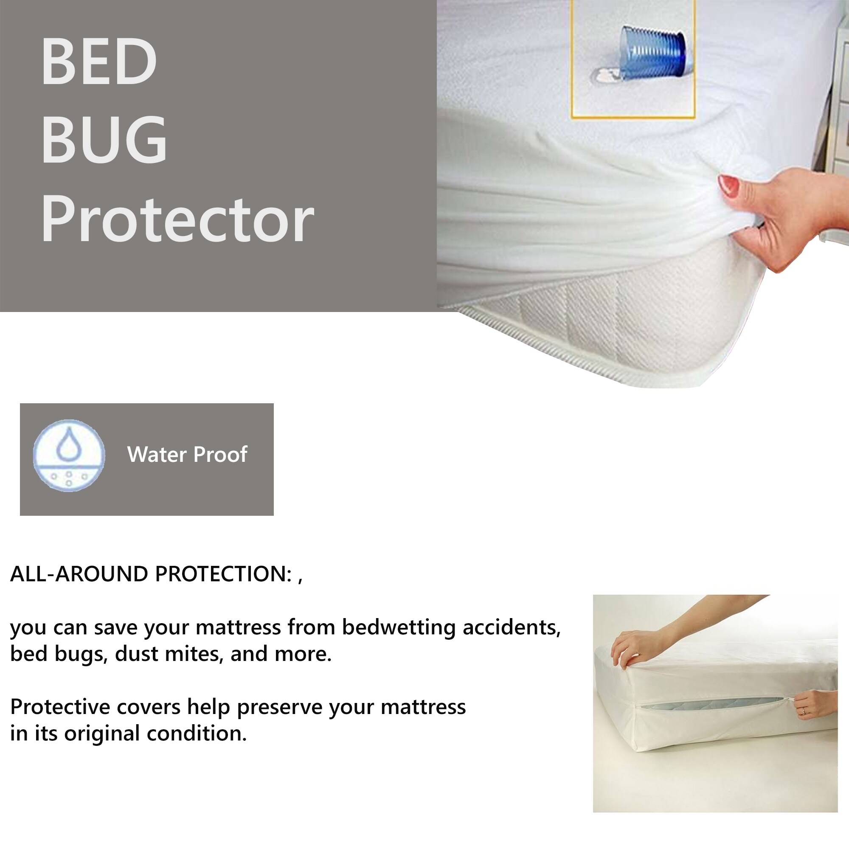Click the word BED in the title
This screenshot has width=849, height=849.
(x=99, y=61)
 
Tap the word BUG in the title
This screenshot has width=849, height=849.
(x=104, y=139)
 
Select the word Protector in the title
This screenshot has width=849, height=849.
(x=177, y=219)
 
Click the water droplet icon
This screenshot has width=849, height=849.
(x=69, y=455)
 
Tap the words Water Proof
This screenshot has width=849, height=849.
(x=187, y=454)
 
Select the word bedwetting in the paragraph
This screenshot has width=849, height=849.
(x=399, y=627)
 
